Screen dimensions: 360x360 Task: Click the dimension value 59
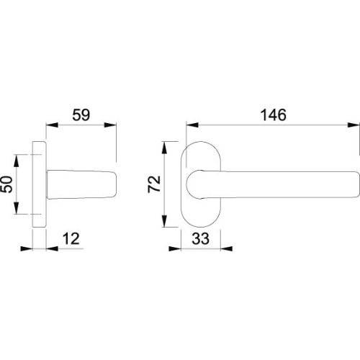click(x=81, y=114)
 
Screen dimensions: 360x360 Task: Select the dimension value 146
click(x=274, y=114)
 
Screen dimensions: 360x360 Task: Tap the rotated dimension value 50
click(x=6, y=184)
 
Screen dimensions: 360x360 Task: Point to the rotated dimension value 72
click(x=154, y=184)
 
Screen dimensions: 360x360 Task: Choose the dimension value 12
click(x=71, y=239)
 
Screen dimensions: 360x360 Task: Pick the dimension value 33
click(x=201, y=239)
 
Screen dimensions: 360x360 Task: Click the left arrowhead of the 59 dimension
click(x=52, y=125)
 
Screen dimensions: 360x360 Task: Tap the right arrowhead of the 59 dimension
click(x=110, y=125)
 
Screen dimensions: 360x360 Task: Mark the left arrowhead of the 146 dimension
click(x=192, y=125)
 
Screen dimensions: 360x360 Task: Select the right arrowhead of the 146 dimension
click(x=354, y=125)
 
